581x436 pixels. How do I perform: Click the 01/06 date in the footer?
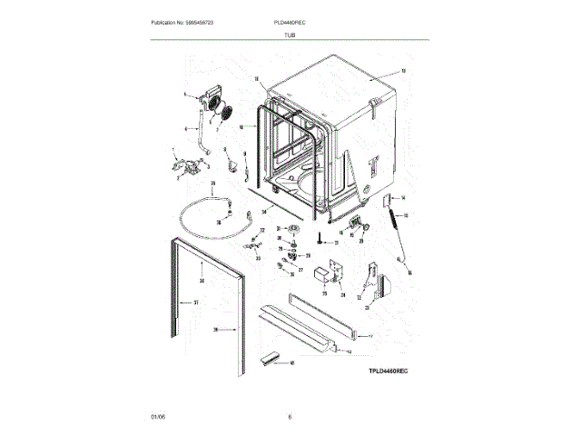[x=158, y=416]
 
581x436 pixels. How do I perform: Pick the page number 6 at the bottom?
[x=289, y=416]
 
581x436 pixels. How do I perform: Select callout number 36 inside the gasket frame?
[x=202, y=282]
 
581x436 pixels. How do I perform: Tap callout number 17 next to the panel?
[x=370, y=337]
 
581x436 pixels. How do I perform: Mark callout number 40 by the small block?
[x=291, y=363]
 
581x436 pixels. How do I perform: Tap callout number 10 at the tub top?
[x=403, y=71]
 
